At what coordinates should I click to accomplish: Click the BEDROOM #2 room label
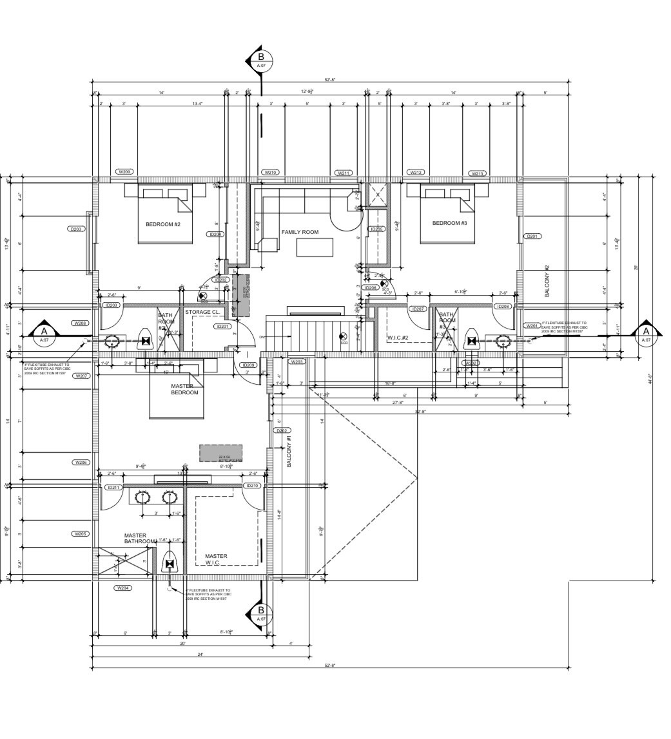pos(162,224)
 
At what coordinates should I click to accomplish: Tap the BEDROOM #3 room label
pos(449,223)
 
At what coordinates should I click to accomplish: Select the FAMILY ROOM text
pos(300,232)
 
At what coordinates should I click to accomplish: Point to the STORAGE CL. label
pos(203,312)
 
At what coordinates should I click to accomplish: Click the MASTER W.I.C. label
pos(216,559)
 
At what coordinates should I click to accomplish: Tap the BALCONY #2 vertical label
pos(546,280)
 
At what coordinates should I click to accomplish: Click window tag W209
pos(124,172)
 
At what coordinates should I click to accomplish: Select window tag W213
pos(477,173)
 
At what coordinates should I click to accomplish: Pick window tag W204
pos(122,588)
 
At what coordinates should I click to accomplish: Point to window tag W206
pos(81,462)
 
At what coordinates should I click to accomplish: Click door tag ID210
pos(251,486)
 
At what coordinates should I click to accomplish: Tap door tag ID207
pos(418,309)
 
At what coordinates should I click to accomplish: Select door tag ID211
pos(113,488)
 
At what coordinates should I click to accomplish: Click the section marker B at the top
pos(261,60)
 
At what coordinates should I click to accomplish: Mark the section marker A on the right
pos(645,334)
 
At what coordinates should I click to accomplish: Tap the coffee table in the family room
pos(315,247)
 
